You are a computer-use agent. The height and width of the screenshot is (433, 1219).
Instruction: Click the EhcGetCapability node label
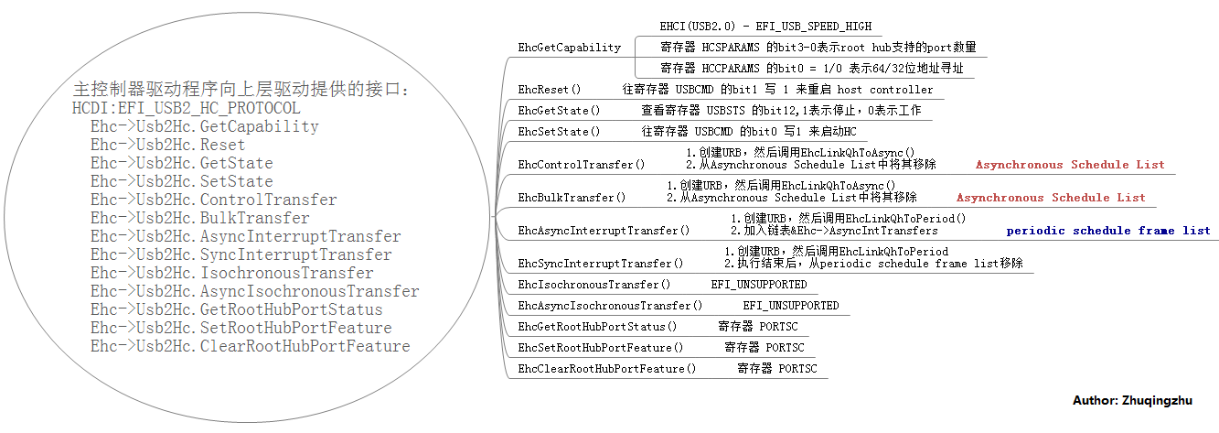(569, 47)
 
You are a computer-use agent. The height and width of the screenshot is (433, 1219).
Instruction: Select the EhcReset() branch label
(550, 90)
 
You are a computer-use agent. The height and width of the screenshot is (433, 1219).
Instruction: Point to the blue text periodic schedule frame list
(1108, 231)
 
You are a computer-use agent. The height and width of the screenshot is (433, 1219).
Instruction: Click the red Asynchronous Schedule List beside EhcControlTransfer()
(1070, 165)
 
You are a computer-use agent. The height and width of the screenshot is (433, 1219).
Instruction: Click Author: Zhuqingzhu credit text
(1132, 401)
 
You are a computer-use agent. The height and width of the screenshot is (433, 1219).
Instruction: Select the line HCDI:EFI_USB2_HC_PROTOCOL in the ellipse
(186, 108)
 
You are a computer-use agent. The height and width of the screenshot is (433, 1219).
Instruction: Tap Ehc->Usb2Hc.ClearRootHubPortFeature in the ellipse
(250, 346)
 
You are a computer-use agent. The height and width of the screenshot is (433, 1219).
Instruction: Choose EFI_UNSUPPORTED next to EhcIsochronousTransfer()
(759, 285)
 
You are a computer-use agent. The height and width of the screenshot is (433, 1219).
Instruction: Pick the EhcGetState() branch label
(559, 111)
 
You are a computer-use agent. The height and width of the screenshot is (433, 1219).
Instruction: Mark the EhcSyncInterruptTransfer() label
(600, 264)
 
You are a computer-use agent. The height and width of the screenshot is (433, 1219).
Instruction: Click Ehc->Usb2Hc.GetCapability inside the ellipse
(204, 126)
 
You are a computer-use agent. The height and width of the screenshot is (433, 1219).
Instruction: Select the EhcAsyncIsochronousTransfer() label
(610, 306)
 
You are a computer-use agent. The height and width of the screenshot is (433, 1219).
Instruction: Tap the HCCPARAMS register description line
(811, 68)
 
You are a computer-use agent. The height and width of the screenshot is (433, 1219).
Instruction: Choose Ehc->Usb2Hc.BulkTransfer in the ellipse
(199, 218)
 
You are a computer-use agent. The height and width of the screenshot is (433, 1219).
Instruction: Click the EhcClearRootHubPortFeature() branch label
(606, 369)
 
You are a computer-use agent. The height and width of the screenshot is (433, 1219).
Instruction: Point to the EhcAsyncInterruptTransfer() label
(604, 231)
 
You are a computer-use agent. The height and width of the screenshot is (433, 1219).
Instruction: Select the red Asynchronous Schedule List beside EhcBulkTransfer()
(1051, 198)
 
